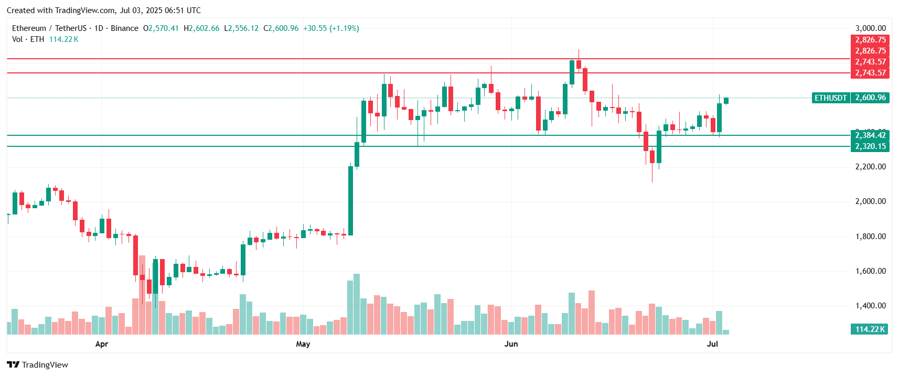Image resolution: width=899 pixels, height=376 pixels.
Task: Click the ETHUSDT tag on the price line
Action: [x=831, y=98]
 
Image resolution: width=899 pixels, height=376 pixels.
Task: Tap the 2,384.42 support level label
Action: [x=870, y=135]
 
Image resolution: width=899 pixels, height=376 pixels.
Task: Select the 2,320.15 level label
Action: [x=870, y=146]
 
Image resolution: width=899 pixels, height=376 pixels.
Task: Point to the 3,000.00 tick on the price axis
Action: [x=870, y=28]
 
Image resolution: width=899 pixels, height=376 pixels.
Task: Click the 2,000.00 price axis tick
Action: [x=870, y=201]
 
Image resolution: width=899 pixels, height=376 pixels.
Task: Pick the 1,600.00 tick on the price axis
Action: [x=870, y=271]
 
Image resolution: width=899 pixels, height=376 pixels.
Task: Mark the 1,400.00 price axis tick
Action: [x=870, y=306]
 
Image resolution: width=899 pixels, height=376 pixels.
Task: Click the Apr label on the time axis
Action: [x=102, y=344]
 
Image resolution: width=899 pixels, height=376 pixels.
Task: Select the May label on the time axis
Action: [x=303, y=344]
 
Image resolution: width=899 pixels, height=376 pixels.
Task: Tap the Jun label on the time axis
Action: [x=511, y=344]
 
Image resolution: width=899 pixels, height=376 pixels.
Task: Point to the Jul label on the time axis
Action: [x=712, y=344]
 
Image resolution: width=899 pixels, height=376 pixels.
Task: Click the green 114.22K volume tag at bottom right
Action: [x=870, y=329]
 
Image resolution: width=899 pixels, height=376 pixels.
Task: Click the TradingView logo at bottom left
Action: [x=37, y=365]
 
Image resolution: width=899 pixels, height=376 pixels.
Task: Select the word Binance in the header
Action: [x=125, y=28]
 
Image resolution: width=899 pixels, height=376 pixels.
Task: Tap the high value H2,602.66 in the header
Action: [x=201, y=28]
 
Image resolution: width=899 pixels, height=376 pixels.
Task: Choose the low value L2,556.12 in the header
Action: [x=241, y=28]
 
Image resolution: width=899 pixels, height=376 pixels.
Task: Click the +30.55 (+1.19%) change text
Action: [x=331, y=28]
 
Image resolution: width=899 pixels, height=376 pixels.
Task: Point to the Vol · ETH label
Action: [x=28, y=39]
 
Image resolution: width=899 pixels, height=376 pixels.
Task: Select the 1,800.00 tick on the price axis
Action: [x=870, y=237]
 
